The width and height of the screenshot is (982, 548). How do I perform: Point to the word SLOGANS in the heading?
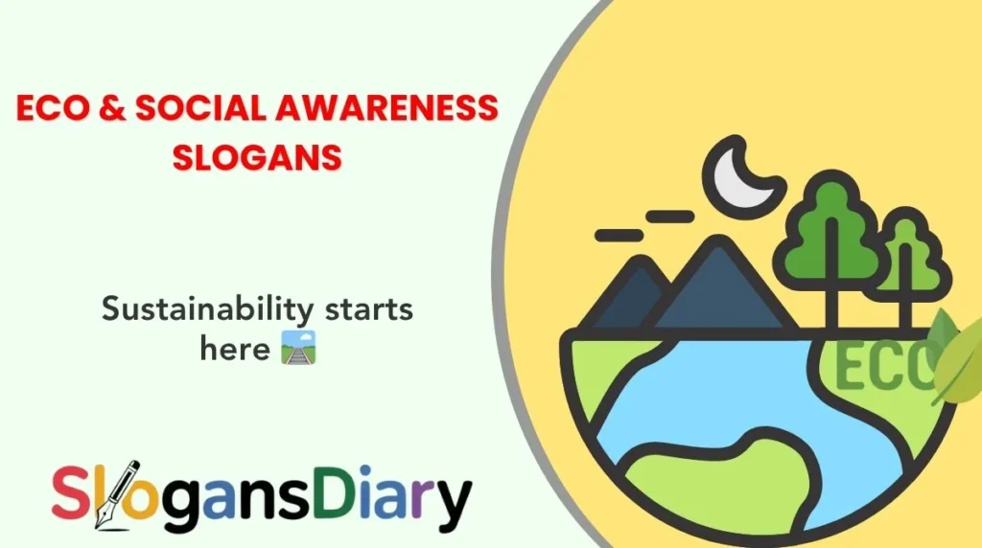click(257, 156)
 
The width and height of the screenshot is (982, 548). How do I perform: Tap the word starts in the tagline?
click(368, 310)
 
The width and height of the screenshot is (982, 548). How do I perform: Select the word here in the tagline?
click(235, 349)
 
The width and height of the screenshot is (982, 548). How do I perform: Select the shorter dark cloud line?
click(619, 234)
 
